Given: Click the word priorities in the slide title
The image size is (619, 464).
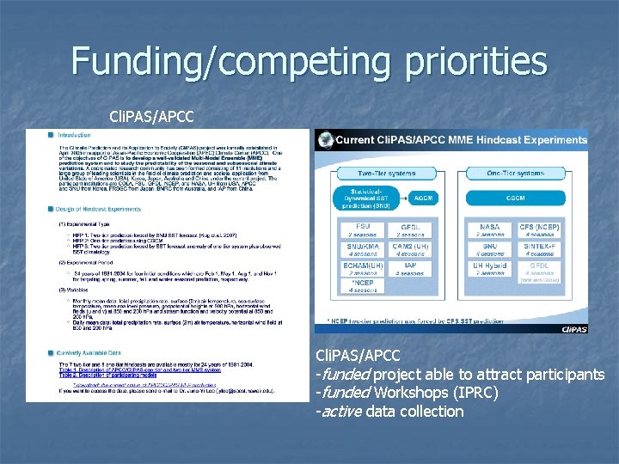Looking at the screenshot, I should pos(464,62).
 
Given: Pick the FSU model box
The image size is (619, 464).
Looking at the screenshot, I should pos(362,230).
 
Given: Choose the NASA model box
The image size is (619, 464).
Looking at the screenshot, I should pos(491,230).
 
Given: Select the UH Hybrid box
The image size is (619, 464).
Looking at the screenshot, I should pos(491,268).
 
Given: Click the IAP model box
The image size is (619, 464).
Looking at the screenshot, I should pos(411,268).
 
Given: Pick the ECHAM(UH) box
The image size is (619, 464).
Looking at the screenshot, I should pos(362,268).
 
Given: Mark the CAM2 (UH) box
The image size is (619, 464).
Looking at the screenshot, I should pos(411,249).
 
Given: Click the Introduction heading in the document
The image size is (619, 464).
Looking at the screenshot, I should pos(74,135).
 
